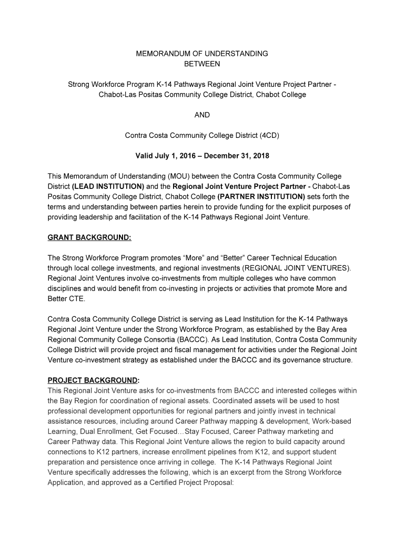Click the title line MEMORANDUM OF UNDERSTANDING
pyautogui.click(x=202, y=54)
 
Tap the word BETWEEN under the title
pyautogui.click(x=202, y=64)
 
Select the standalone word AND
pyautogui.click(x=202, y=115)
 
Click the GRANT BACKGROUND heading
pyautogui.click(x=89, y=237)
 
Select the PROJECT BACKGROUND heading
pyautogui.click(x=94, y=380)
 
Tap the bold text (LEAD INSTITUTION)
pyautogui.click(x=108, y=186)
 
